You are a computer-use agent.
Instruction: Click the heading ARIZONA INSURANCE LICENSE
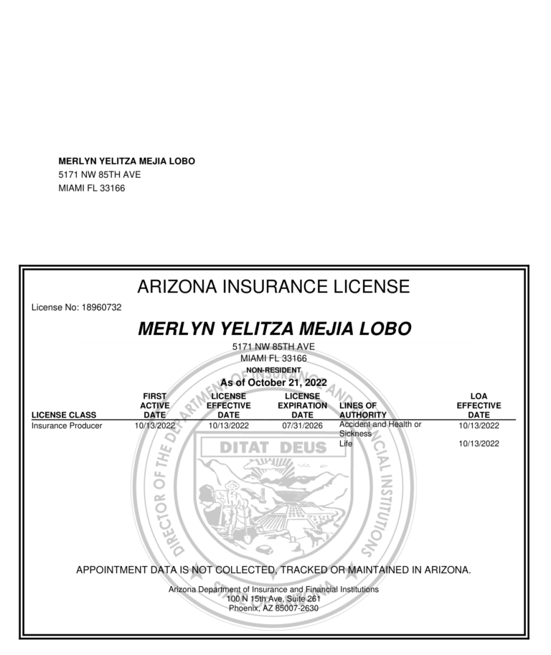pyautogui.click(x=273, y=287)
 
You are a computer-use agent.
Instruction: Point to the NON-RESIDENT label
pyautogui.click(x=273, y=370)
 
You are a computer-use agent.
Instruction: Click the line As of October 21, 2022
pyautogui.click(x=273, y=382)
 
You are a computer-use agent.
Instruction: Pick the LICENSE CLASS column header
pyautogui.click(x=65, y=415)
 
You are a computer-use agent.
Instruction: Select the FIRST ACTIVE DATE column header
pyautogui.click(x=154, y=405)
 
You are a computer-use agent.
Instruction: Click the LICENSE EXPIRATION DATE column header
pyautogui.click(x=302, y=405)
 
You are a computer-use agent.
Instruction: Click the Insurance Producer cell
pyautogui.click(x=67, y=425)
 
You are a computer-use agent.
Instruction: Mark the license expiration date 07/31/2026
pyautogui.click(x=303, y=425)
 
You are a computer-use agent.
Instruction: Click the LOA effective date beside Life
pyautogui.click(x=479, y=444)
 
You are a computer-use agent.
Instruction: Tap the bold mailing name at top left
pyautogui.click(x=126, y=161)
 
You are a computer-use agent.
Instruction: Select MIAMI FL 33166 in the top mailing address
pyautogui.click(x=92, y=188)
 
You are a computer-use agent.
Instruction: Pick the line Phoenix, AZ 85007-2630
pyautogui.click(x=273, y=608)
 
